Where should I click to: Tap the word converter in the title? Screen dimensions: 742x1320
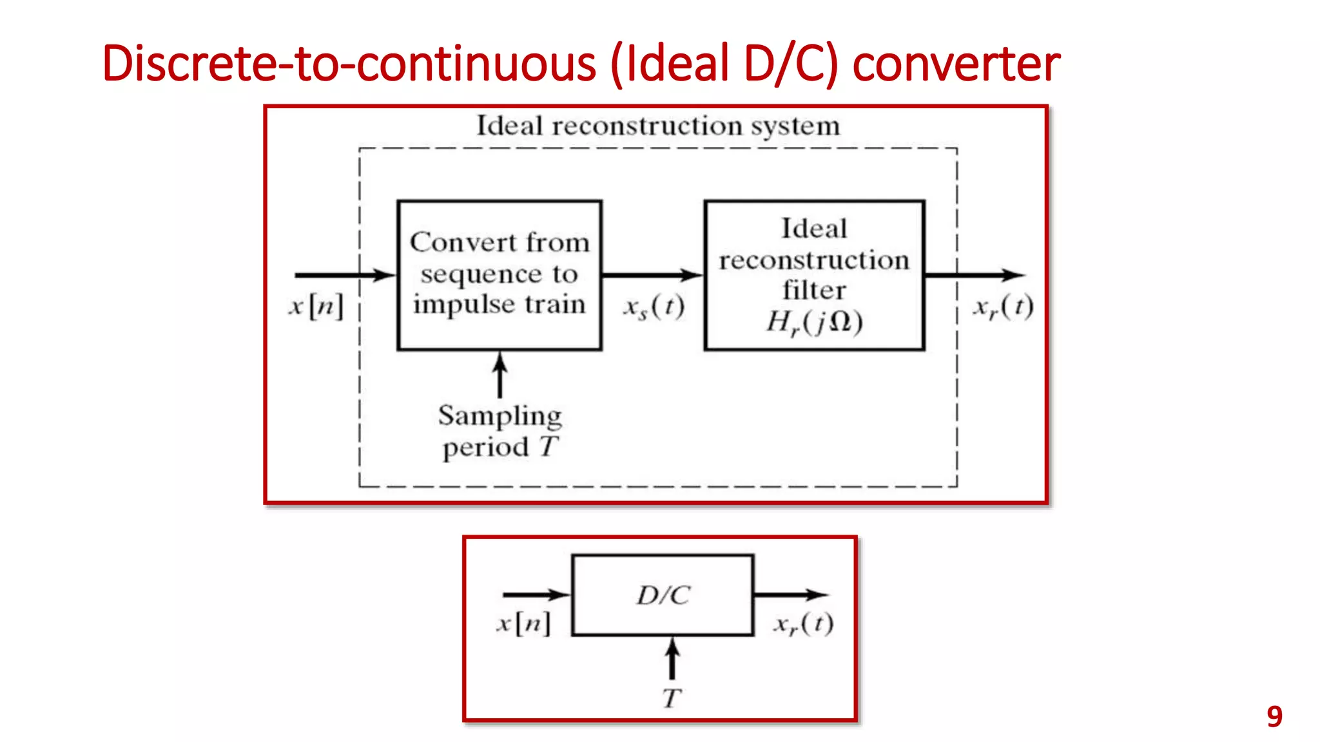(956, 64)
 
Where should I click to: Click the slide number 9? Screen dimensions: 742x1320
(1274, 716)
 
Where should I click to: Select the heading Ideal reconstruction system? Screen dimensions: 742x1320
(658, 126)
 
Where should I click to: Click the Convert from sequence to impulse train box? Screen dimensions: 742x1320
(500, 275)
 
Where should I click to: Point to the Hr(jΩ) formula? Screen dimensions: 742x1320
(814, 322)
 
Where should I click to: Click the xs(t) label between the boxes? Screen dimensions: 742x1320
(654, 307)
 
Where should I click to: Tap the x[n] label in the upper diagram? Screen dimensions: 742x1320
(316, 306)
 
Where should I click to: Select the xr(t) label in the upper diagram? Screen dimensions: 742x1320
(1003, 307)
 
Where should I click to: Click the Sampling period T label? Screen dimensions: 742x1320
(500, 430)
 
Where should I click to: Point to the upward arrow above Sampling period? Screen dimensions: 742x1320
(500, 375)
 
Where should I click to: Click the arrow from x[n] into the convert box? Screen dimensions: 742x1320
(345, 275)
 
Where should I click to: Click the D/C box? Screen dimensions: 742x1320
(663, 595)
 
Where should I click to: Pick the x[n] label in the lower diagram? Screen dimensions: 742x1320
(523, 623)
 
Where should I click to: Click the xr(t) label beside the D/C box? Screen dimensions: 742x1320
(803, 623)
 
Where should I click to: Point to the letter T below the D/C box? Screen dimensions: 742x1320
(671, 698)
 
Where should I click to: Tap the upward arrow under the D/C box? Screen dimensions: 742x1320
(672, 658)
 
